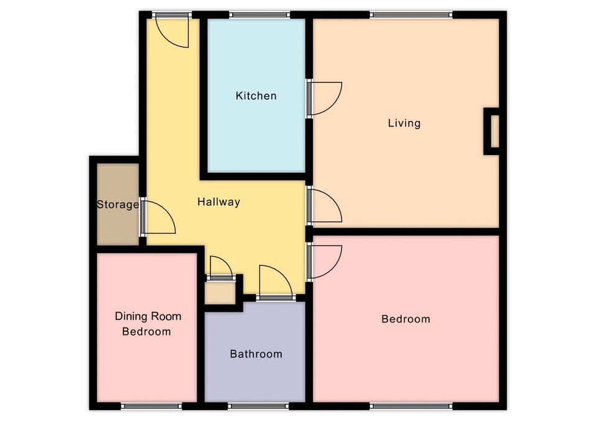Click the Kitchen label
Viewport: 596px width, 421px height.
[256, 95]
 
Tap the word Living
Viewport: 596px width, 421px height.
[404, 123]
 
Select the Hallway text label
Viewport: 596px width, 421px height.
[219, 202]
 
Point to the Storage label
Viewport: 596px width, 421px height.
[117, 205]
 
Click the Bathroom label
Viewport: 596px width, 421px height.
[256, 354]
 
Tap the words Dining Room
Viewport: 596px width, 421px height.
[148, 316]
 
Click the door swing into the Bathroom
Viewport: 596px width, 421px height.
[276, 281]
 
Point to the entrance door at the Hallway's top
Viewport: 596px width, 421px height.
[172, 32]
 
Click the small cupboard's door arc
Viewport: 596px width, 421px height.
[221, 267]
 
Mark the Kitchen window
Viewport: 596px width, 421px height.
[260, 15]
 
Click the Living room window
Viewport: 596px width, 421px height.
[411, 15]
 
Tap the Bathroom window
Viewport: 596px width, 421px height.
[258, 406]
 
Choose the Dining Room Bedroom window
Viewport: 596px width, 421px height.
[151, 406]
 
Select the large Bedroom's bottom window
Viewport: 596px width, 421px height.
[411, 406]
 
